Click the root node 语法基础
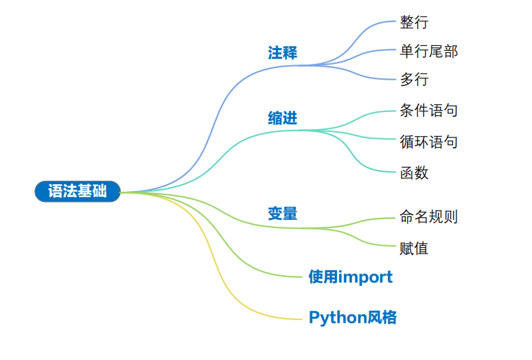(77, 192)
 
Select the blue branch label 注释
(282, 53)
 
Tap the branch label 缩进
(282, 118)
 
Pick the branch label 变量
(282, 214)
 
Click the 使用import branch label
(350, 277)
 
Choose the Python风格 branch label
(352, 317)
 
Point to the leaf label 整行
(414, 23)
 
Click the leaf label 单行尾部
(428, 52)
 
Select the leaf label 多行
(414, 80)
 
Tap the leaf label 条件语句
(428, 110)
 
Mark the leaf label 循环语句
(428, 142)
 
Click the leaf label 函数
(414, 172)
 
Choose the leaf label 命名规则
(428, 217)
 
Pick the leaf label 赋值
(414, 248)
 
